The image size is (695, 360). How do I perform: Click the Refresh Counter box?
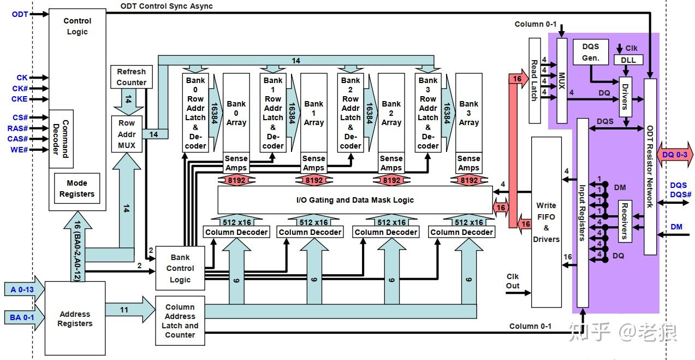(132, 77)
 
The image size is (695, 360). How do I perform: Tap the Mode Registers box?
(77, 188)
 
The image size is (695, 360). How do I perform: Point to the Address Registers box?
(75, 318)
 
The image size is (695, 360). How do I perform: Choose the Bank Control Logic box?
(180, 268)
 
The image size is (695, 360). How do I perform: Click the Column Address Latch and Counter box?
(180, 321)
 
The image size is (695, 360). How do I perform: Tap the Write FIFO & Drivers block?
(546, 222)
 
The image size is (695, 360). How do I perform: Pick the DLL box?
(628, 60)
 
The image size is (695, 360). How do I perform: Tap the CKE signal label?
(20, 99)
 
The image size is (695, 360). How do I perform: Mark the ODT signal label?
(20, 14)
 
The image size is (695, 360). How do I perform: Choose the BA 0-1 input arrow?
(22, 316)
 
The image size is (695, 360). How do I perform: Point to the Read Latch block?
(534, 80)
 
